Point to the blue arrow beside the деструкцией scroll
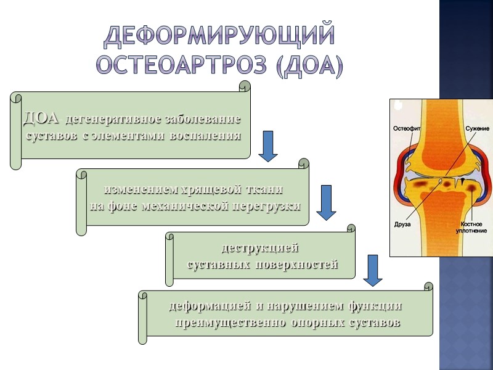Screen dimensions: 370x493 373,270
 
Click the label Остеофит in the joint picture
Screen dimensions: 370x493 408,128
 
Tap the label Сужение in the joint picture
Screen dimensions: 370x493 477,128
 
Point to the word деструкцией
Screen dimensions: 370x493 259,249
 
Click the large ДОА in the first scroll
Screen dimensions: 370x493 41,117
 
